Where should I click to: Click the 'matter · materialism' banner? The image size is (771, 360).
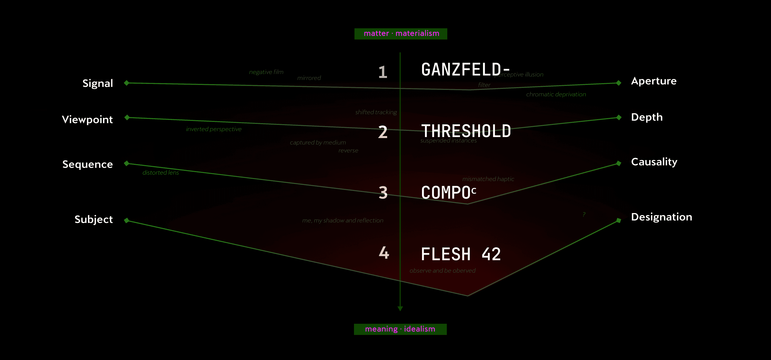[x=401, y=34]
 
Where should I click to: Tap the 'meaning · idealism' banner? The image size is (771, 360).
[x=400, y=329]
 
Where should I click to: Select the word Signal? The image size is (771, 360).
[x=98, y=83]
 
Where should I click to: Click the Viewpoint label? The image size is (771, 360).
[x=87, y=120]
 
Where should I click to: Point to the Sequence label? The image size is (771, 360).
[x=87, y=164]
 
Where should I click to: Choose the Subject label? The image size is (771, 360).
[x=94, y=219]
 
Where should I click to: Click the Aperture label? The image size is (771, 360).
[x=654, y=81]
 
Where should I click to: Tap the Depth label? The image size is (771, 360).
[x=647, y=117]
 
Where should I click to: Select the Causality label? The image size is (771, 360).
[x=654, y=162]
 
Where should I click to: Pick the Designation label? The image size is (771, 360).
[x=662, y=217]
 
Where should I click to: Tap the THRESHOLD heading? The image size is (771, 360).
[x=466, y=131]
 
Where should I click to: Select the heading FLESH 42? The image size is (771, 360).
[x=461, y=254]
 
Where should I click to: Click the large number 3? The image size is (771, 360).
[x=383, y=193]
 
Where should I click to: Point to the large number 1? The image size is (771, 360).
[x=383, y=72]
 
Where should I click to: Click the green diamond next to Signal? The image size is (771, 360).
[x=127, y=83]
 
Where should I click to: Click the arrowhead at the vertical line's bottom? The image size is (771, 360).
[x=400, y=309]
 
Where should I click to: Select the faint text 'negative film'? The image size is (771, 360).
[x=266, y=72]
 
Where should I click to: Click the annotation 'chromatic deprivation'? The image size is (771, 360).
[x=556, y=95]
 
